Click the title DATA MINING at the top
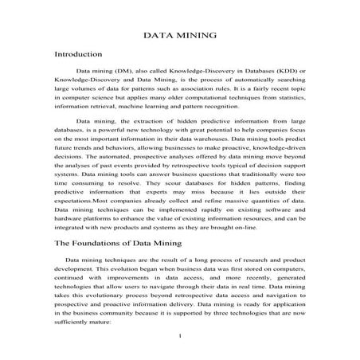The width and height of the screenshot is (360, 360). click(180, 35)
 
